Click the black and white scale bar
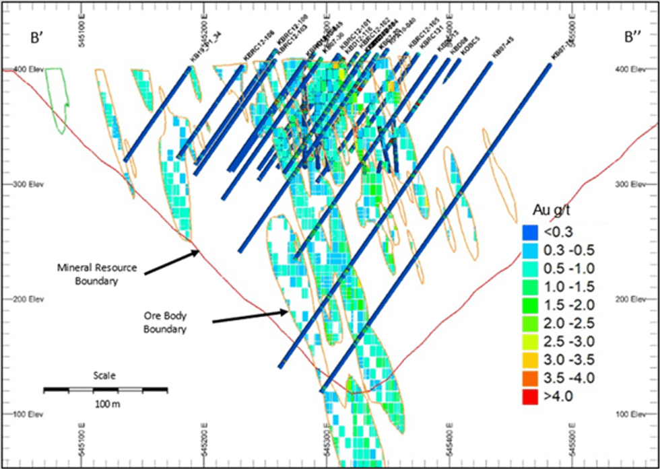click(105, 389)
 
